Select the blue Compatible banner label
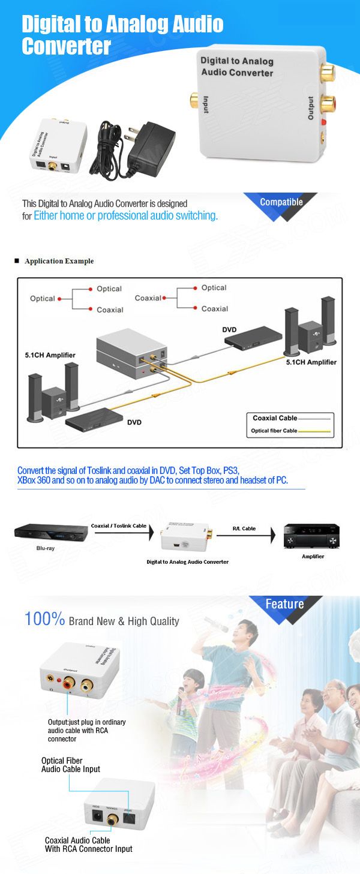tap(281, 202)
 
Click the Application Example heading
tap(59, 261)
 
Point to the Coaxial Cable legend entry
tap(275, 418)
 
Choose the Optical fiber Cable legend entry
tap(273, 431)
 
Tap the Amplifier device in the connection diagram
tap(311, 535)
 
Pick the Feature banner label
tap(284, 604)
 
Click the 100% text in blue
tap(44, 619)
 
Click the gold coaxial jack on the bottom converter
tap(112, 818)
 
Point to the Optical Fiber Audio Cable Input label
tap(70, 765)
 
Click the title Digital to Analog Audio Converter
tap(122, 35)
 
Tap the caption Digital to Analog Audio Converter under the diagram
tap(187, 562)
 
